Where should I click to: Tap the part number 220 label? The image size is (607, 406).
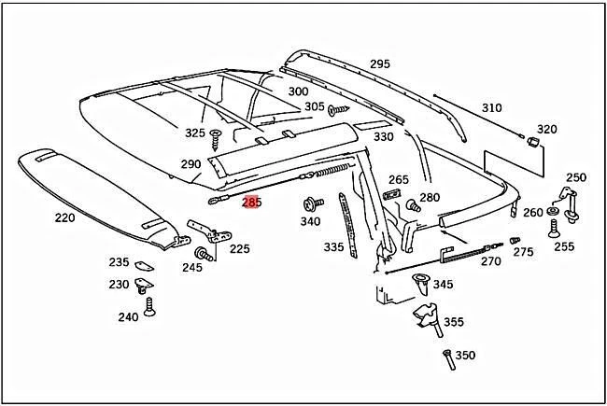point(64,217)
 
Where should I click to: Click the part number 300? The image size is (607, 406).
point(297,91)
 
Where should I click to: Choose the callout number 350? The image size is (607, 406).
point(464,356)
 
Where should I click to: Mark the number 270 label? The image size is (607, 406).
point(490,261)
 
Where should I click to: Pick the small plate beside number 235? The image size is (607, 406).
point(144,265)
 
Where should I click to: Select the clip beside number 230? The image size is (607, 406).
point(144,285)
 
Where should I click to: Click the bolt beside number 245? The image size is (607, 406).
point(201,253)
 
